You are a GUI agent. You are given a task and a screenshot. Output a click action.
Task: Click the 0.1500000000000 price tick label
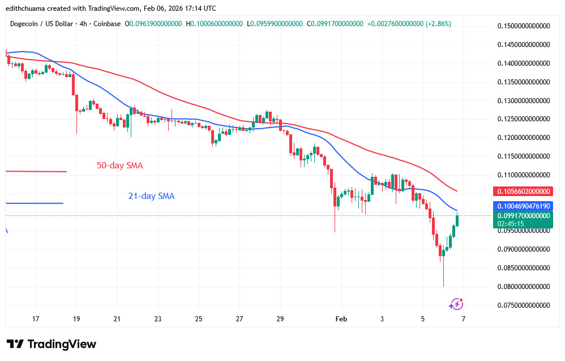point(524,26)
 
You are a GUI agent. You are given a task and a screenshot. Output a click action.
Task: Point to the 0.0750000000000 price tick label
point(524,305)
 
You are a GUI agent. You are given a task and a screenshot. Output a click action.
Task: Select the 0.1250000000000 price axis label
point(524,119)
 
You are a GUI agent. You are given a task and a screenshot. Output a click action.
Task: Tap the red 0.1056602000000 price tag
point(524,191)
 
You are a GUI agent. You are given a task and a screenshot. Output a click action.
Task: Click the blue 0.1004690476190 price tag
point(524,206)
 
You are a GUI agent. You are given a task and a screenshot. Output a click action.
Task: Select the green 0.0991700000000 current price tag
point(524,215)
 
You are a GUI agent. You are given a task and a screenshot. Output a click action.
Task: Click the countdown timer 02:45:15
point(511,224)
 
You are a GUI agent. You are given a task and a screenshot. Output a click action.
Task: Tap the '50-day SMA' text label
point(120,165)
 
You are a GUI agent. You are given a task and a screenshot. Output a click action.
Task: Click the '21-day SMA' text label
point(151,196)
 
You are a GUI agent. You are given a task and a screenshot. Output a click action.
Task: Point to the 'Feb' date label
point(341,319)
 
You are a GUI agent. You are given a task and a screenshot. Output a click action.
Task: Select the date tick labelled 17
point(36,319)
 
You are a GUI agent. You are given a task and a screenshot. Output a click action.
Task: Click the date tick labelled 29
point(280,319)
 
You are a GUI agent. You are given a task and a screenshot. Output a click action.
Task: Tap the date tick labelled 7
point(463,319)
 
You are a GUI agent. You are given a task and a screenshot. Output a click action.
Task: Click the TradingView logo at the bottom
point(52,344)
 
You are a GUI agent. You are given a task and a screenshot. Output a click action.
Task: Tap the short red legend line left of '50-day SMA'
point(36,171)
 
